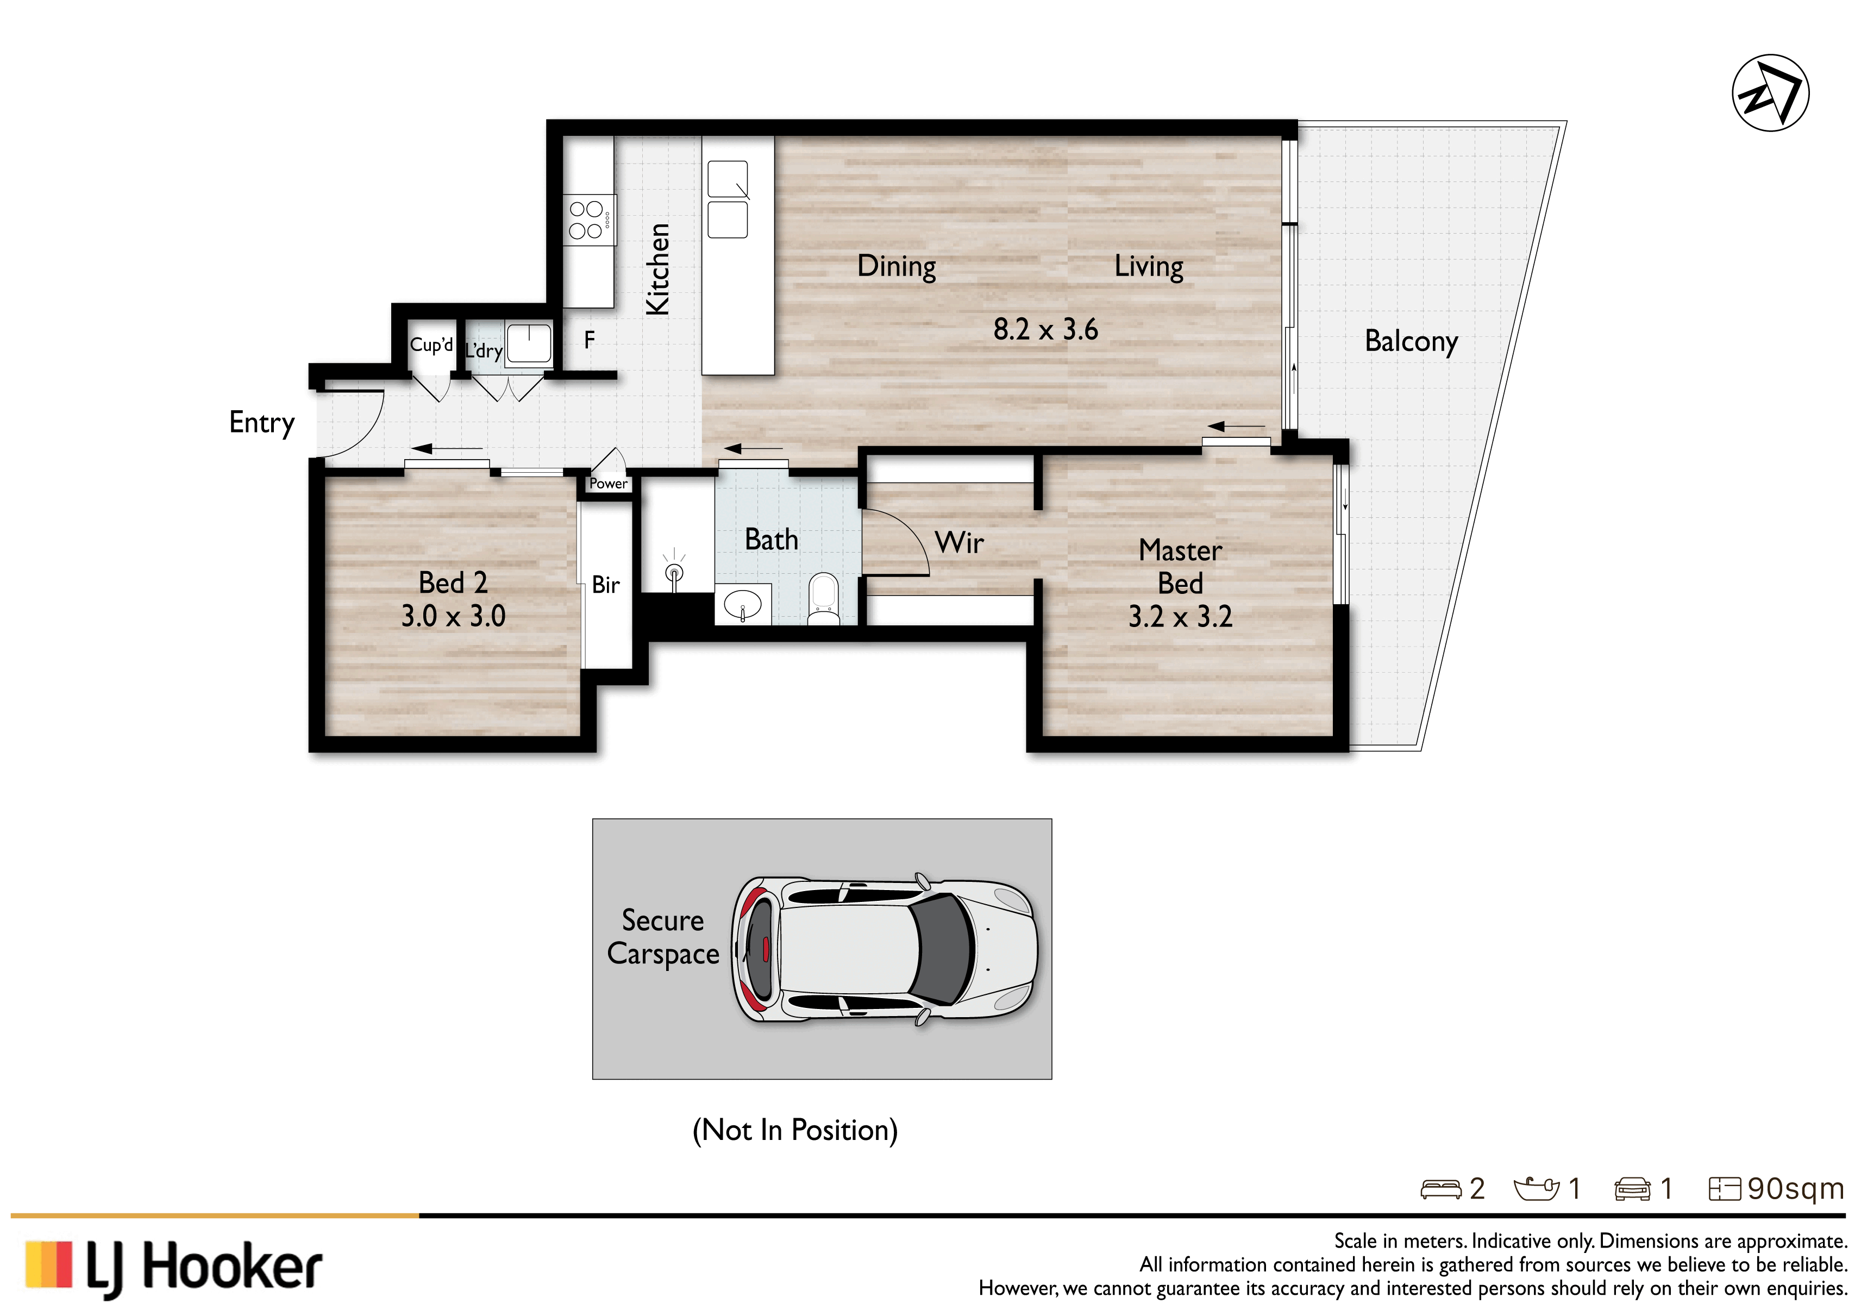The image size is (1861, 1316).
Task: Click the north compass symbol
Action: [x=1770, y=92]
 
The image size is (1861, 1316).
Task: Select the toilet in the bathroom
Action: [x=824, y=600]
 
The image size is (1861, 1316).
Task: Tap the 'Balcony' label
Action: [x=1411, y=342]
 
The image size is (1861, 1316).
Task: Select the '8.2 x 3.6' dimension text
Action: [x=1045, y=330]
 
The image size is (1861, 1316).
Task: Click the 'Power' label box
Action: [x=608, y=484]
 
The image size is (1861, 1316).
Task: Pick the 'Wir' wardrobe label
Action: [x=959, y=542]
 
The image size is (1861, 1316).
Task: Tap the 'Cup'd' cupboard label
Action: [x=431, y=344]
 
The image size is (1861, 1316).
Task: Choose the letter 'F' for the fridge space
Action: [x=589, y=340]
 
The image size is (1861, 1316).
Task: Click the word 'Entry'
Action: [x=262, y=423]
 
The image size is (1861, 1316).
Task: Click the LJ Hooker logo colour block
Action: [x=49, y=1265]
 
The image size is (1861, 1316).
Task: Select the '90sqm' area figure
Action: [x=1795, y=1189]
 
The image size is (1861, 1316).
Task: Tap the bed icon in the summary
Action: [x=1440, y=1189]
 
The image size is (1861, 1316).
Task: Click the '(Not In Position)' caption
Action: [x=795, y=1130]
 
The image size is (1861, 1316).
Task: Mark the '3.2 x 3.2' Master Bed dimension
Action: [x=1180, y=617]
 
